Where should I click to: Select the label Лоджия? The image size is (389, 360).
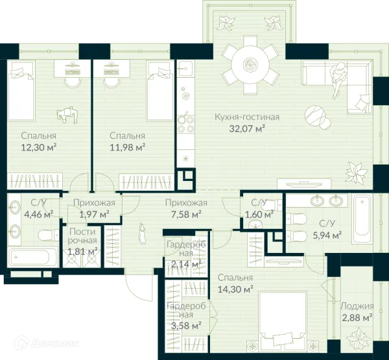point(357,306)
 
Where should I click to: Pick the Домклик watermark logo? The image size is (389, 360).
point(47,343)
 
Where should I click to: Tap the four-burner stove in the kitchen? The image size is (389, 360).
point(185,125)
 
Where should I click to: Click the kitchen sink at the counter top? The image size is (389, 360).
point(185,68)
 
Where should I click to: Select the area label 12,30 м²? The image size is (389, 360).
point(38,148)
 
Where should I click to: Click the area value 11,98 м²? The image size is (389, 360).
point(128,148)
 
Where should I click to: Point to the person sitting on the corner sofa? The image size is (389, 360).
point(338,79)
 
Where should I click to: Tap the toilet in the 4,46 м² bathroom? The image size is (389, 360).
point(49,235)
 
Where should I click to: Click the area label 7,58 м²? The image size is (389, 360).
point(186,214)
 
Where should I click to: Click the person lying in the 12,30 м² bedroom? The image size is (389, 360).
point(67,115)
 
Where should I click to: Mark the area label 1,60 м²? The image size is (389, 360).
point(259,214)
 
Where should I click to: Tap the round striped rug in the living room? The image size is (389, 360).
point(314,115)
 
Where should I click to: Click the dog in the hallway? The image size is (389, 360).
point(143,234)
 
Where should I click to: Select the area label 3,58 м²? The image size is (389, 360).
point(186,325)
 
